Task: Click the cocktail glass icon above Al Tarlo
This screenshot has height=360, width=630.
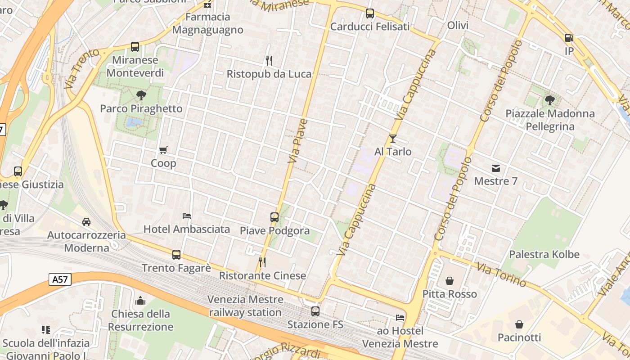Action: point(393,138)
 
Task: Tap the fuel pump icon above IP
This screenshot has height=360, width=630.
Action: point(569,38)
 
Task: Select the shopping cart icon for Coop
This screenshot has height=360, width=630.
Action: point(163,150)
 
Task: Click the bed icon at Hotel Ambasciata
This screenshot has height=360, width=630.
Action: point(187,216)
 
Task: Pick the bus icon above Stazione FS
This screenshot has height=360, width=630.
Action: point(315,311)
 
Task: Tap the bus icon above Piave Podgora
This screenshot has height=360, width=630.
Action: point(274,217)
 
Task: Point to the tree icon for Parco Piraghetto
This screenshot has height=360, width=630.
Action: point(141,95)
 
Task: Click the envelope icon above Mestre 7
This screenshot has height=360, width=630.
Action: point(496,168)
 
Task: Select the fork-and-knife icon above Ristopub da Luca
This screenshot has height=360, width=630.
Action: point(269,60)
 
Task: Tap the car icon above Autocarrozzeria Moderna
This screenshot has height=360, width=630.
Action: point(86,222)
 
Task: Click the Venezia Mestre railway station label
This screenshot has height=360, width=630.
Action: point(245,306)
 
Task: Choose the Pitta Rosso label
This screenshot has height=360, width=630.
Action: point(450,294)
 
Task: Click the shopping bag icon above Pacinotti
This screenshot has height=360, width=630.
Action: point(519,324)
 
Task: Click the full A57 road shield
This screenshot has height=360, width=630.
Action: point(59,280)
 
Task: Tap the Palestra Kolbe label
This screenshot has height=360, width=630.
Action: point(544,254)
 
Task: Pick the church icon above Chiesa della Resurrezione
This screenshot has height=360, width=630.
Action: point(140,301)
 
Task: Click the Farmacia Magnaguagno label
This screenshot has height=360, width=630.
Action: point(207,23)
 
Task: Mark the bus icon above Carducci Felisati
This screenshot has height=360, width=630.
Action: point(370,14)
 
